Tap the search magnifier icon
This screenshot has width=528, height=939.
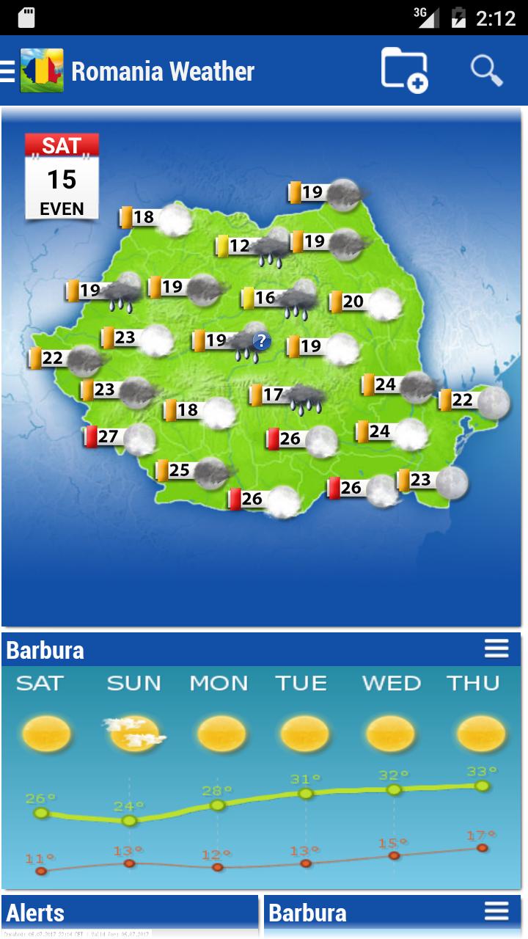click(486, 70)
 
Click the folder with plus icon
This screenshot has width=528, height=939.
click(404, 70)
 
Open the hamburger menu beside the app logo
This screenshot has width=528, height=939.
click(8, 71)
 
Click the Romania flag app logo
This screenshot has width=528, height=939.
click(42, 71)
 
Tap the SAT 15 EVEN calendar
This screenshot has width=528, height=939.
click(62, 177)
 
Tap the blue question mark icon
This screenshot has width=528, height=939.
click(262, 341)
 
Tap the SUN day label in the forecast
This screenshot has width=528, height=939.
click(133, 683)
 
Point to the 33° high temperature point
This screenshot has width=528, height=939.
click(482, 786)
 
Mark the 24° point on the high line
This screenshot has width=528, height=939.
click(129, 820)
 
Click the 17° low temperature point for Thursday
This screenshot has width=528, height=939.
click(482, 847)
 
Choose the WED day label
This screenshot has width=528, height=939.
click(392, 683)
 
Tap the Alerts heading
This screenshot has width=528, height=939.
click(36, 913)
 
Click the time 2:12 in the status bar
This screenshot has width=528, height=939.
click(496, 18)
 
